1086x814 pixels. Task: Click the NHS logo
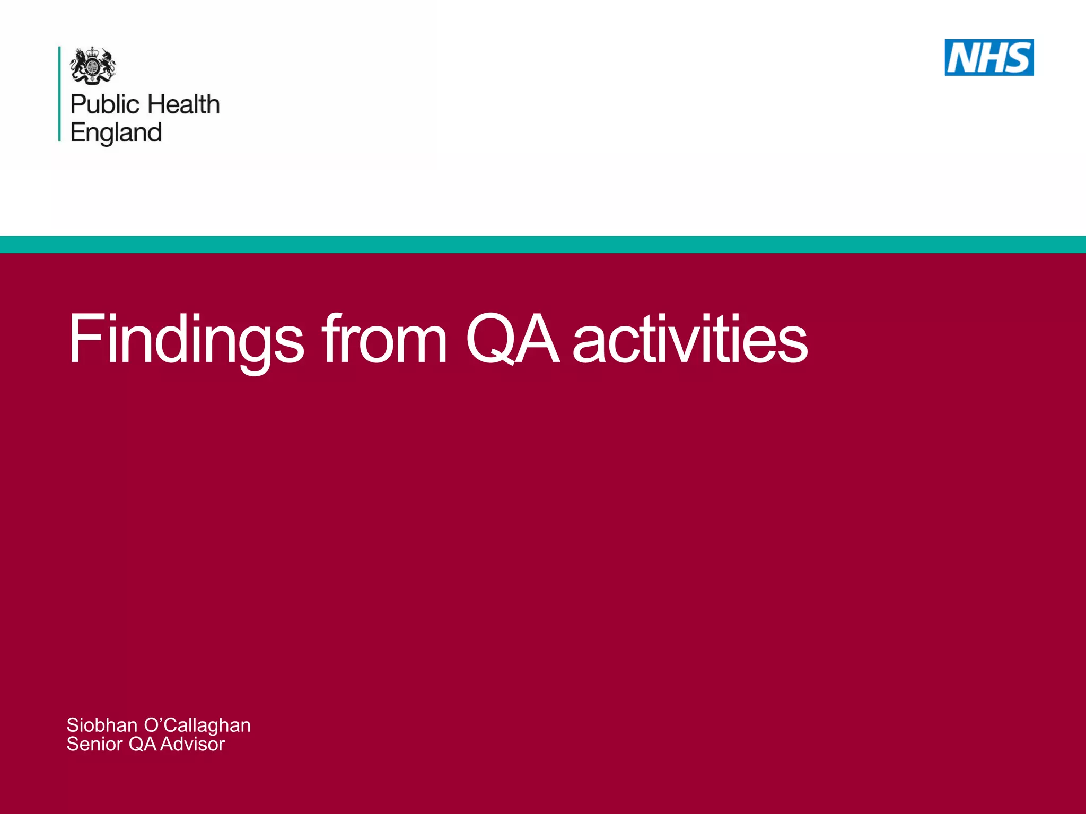pos(988,57)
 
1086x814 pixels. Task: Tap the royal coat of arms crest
pos(93,66)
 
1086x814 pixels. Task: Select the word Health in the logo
pos(183,104)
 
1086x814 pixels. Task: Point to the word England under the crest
pos(116,133)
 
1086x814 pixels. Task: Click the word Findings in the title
pos(186,339)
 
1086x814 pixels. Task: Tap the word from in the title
pos(385,339)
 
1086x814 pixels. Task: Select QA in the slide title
pos(512,339)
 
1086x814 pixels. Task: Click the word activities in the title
pos(690,339)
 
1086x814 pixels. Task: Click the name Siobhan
pos(102,725)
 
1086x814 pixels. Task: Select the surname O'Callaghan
pos(197,725)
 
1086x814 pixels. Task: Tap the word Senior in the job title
pos(94,744)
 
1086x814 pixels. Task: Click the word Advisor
pos(192,744)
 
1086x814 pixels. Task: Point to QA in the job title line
pos(142,744)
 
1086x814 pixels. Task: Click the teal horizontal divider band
pos(543,245)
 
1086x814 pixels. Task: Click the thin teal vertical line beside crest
pos(59,94)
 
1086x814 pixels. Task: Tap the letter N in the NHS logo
pos(962,58)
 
